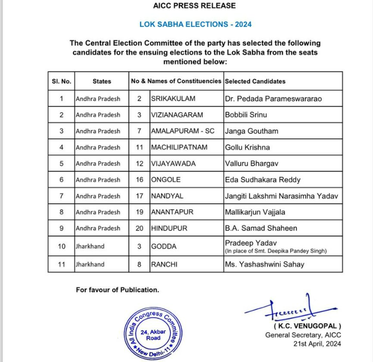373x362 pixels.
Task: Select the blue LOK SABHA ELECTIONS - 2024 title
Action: coord(195,24)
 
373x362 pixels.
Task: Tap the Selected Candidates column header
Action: coord(255,81)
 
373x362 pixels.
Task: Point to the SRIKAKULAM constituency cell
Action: coord(173,99)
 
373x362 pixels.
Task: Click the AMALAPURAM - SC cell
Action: coord(182,131)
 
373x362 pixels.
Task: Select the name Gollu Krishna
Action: coord(248,147)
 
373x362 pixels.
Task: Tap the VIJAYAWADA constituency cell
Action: coord(173,163)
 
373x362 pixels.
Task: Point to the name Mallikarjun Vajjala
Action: coord(256,212)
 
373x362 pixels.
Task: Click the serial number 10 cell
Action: coord(62,246)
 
